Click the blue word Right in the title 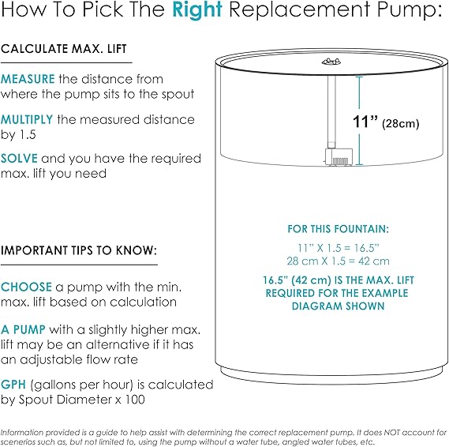(197, 10)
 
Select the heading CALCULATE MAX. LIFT (64, 49)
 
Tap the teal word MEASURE (28, 79)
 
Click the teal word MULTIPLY (27, 119)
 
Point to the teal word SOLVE (19, 159)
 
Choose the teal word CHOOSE (26, 287)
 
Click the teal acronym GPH (13, 385)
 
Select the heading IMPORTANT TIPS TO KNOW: (79, 250)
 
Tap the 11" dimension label (365, 121)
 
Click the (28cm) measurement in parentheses (401, 123)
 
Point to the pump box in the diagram (339, 156)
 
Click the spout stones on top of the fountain (331, 62)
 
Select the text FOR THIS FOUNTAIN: (339, 229)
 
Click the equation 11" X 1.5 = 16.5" (339, 248)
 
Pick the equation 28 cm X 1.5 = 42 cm (339, 261)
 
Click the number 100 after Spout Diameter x (135, 400)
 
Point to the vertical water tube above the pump (331, 112)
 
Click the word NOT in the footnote (391, 432)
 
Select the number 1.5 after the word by (28, 135)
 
